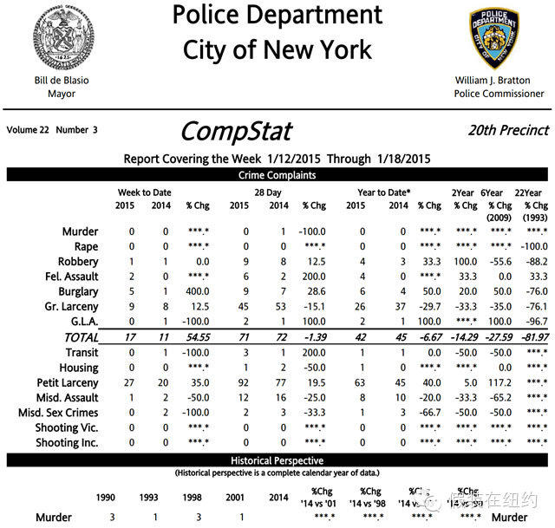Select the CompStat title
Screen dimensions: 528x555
[x=235, y=131]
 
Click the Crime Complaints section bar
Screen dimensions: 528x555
[x=277, y=175]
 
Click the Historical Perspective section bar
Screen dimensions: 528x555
[x=277, y=460]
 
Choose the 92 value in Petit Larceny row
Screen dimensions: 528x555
[x=244, y=382]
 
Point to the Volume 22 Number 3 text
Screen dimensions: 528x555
[x=52, y=130]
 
